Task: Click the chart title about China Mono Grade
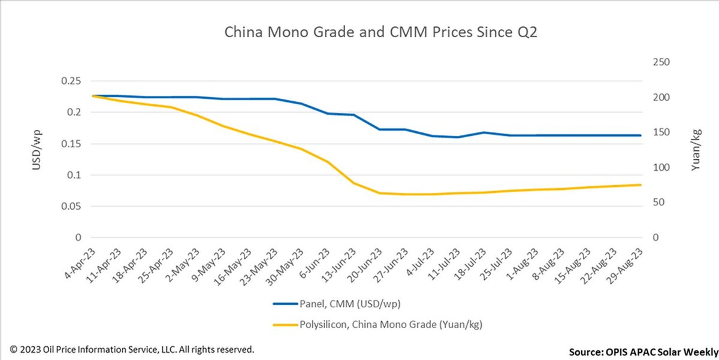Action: point(380,32)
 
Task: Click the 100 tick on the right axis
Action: point(660,167)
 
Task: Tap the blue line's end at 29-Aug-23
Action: point(641,135)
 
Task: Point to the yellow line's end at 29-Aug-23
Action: point(641,184)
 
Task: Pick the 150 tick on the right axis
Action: point(660,132)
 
